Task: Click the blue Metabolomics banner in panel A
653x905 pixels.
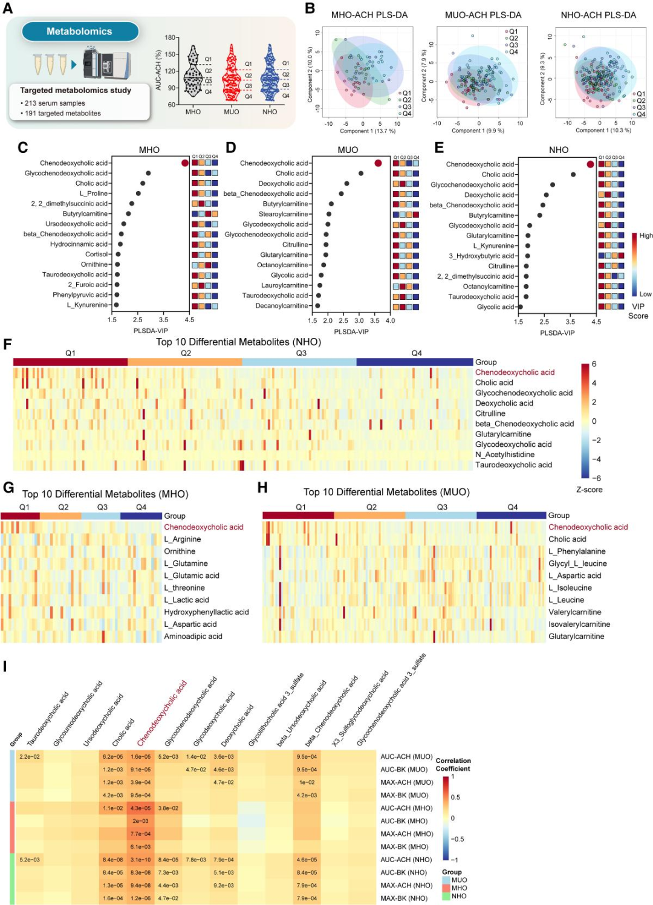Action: tap(80, 31)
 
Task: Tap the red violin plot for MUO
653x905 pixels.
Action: tap(231, 76)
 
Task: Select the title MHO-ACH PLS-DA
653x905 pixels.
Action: tap(369, 15)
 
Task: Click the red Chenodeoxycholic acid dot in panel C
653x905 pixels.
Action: tap(185, 163)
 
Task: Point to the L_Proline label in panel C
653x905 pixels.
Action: tap(94, 193)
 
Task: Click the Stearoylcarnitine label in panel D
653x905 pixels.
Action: tap(284, 214)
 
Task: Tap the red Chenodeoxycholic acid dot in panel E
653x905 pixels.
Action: tap(590, 164)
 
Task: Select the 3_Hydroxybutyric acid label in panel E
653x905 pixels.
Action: tap(481, 256)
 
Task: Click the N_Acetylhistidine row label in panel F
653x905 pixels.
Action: tap(505, 455)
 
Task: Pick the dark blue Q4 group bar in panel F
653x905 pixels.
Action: tap(415, 362)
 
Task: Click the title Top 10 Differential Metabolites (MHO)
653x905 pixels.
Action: tap(105, 494)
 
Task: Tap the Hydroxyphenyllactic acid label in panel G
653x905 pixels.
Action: tap(206, 612)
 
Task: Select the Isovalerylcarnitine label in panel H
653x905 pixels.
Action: tap(579, 624)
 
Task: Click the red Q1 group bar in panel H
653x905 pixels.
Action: tap(298, 515)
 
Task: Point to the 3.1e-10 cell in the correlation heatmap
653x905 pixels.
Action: tap(141, 860)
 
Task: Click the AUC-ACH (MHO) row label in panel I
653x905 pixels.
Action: tap(406, 808)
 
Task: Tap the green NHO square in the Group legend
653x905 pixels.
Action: tap(446, 896)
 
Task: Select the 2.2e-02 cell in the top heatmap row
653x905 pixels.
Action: tap(29, 757)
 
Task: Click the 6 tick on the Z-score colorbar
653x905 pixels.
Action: tap(594, 364)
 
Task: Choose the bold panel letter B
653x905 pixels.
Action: tap(310, 8)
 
